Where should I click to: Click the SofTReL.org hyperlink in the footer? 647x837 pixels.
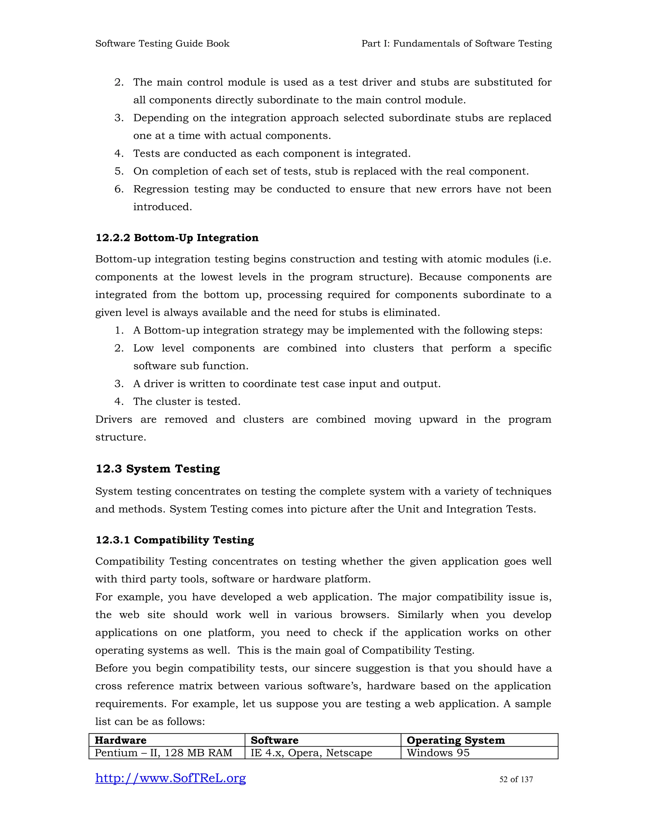170,778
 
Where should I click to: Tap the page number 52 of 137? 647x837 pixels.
516,780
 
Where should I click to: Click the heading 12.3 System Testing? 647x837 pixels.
158,469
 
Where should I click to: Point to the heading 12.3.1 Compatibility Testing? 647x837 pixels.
174,540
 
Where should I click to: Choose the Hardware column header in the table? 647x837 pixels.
120,740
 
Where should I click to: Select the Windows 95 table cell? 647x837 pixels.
438,753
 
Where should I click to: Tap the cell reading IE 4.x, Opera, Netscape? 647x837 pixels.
311,753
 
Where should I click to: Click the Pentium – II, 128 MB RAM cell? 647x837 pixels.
163,753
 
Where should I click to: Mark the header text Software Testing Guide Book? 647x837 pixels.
162,44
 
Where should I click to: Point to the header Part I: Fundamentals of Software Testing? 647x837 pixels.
457,44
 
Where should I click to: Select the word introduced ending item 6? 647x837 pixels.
162,207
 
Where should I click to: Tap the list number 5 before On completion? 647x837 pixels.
119,171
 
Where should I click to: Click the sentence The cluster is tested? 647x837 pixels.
187,402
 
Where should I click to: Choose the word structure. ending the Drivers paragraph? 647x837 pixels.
121,437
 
